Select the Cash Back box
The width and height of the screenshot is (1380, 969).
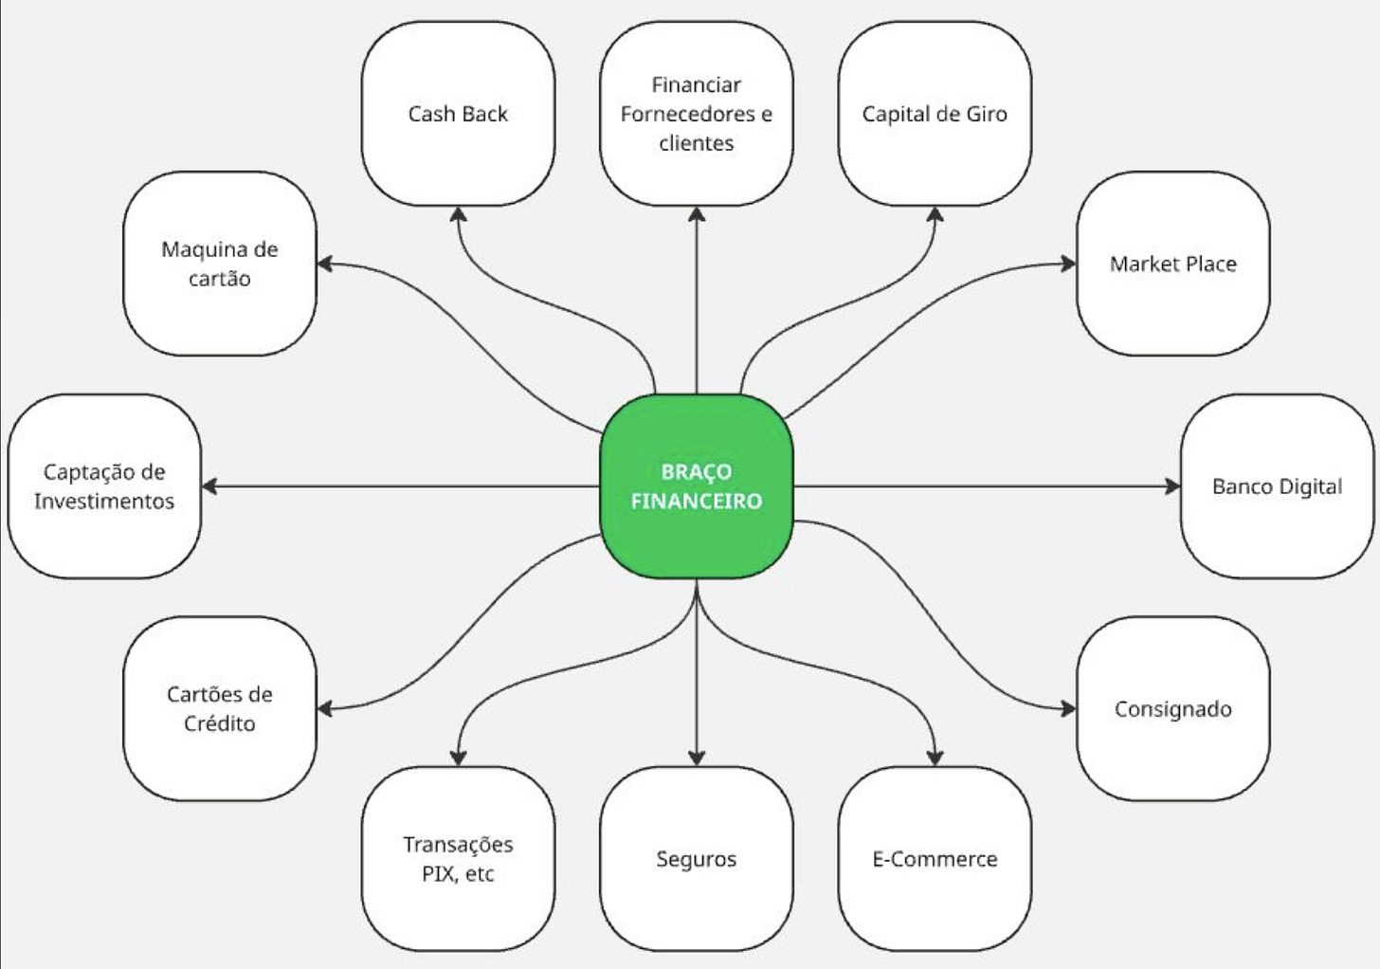click(458, 114)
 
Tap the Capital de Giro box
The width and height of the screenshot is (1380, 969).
click(935, 114)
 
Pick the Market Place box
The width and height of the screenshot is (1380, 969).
click(1172, 264)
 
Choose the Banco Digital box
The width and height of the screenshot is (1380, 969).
click(1277, 486)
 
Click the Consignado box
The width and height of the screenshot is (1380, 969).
click(1172, 708)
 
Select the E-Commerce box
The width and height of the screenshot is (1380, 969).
click(935, 859)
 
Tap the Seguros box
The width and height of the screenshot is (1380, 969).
click(697, 859)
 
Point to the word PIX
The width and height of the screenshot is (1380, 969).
click(438, 873)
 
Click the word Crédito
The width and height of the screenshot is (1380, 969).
click(220, 723)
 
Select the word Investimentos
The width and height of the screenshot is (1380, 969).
click(104, 501)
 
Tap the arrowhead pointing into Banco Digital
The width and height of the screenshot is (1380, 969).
click(1172, 486)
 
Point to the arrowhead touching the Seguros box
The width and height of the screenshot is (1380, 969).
click(697, 758)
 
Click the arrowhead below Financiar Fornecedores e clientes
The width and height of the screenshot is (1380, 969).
click(697, 215)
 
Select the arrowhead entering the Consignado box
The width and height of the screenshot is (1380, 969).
click(1068, 708)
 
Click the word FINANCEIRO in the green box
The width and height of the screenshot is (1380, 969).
click(697, 502)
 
